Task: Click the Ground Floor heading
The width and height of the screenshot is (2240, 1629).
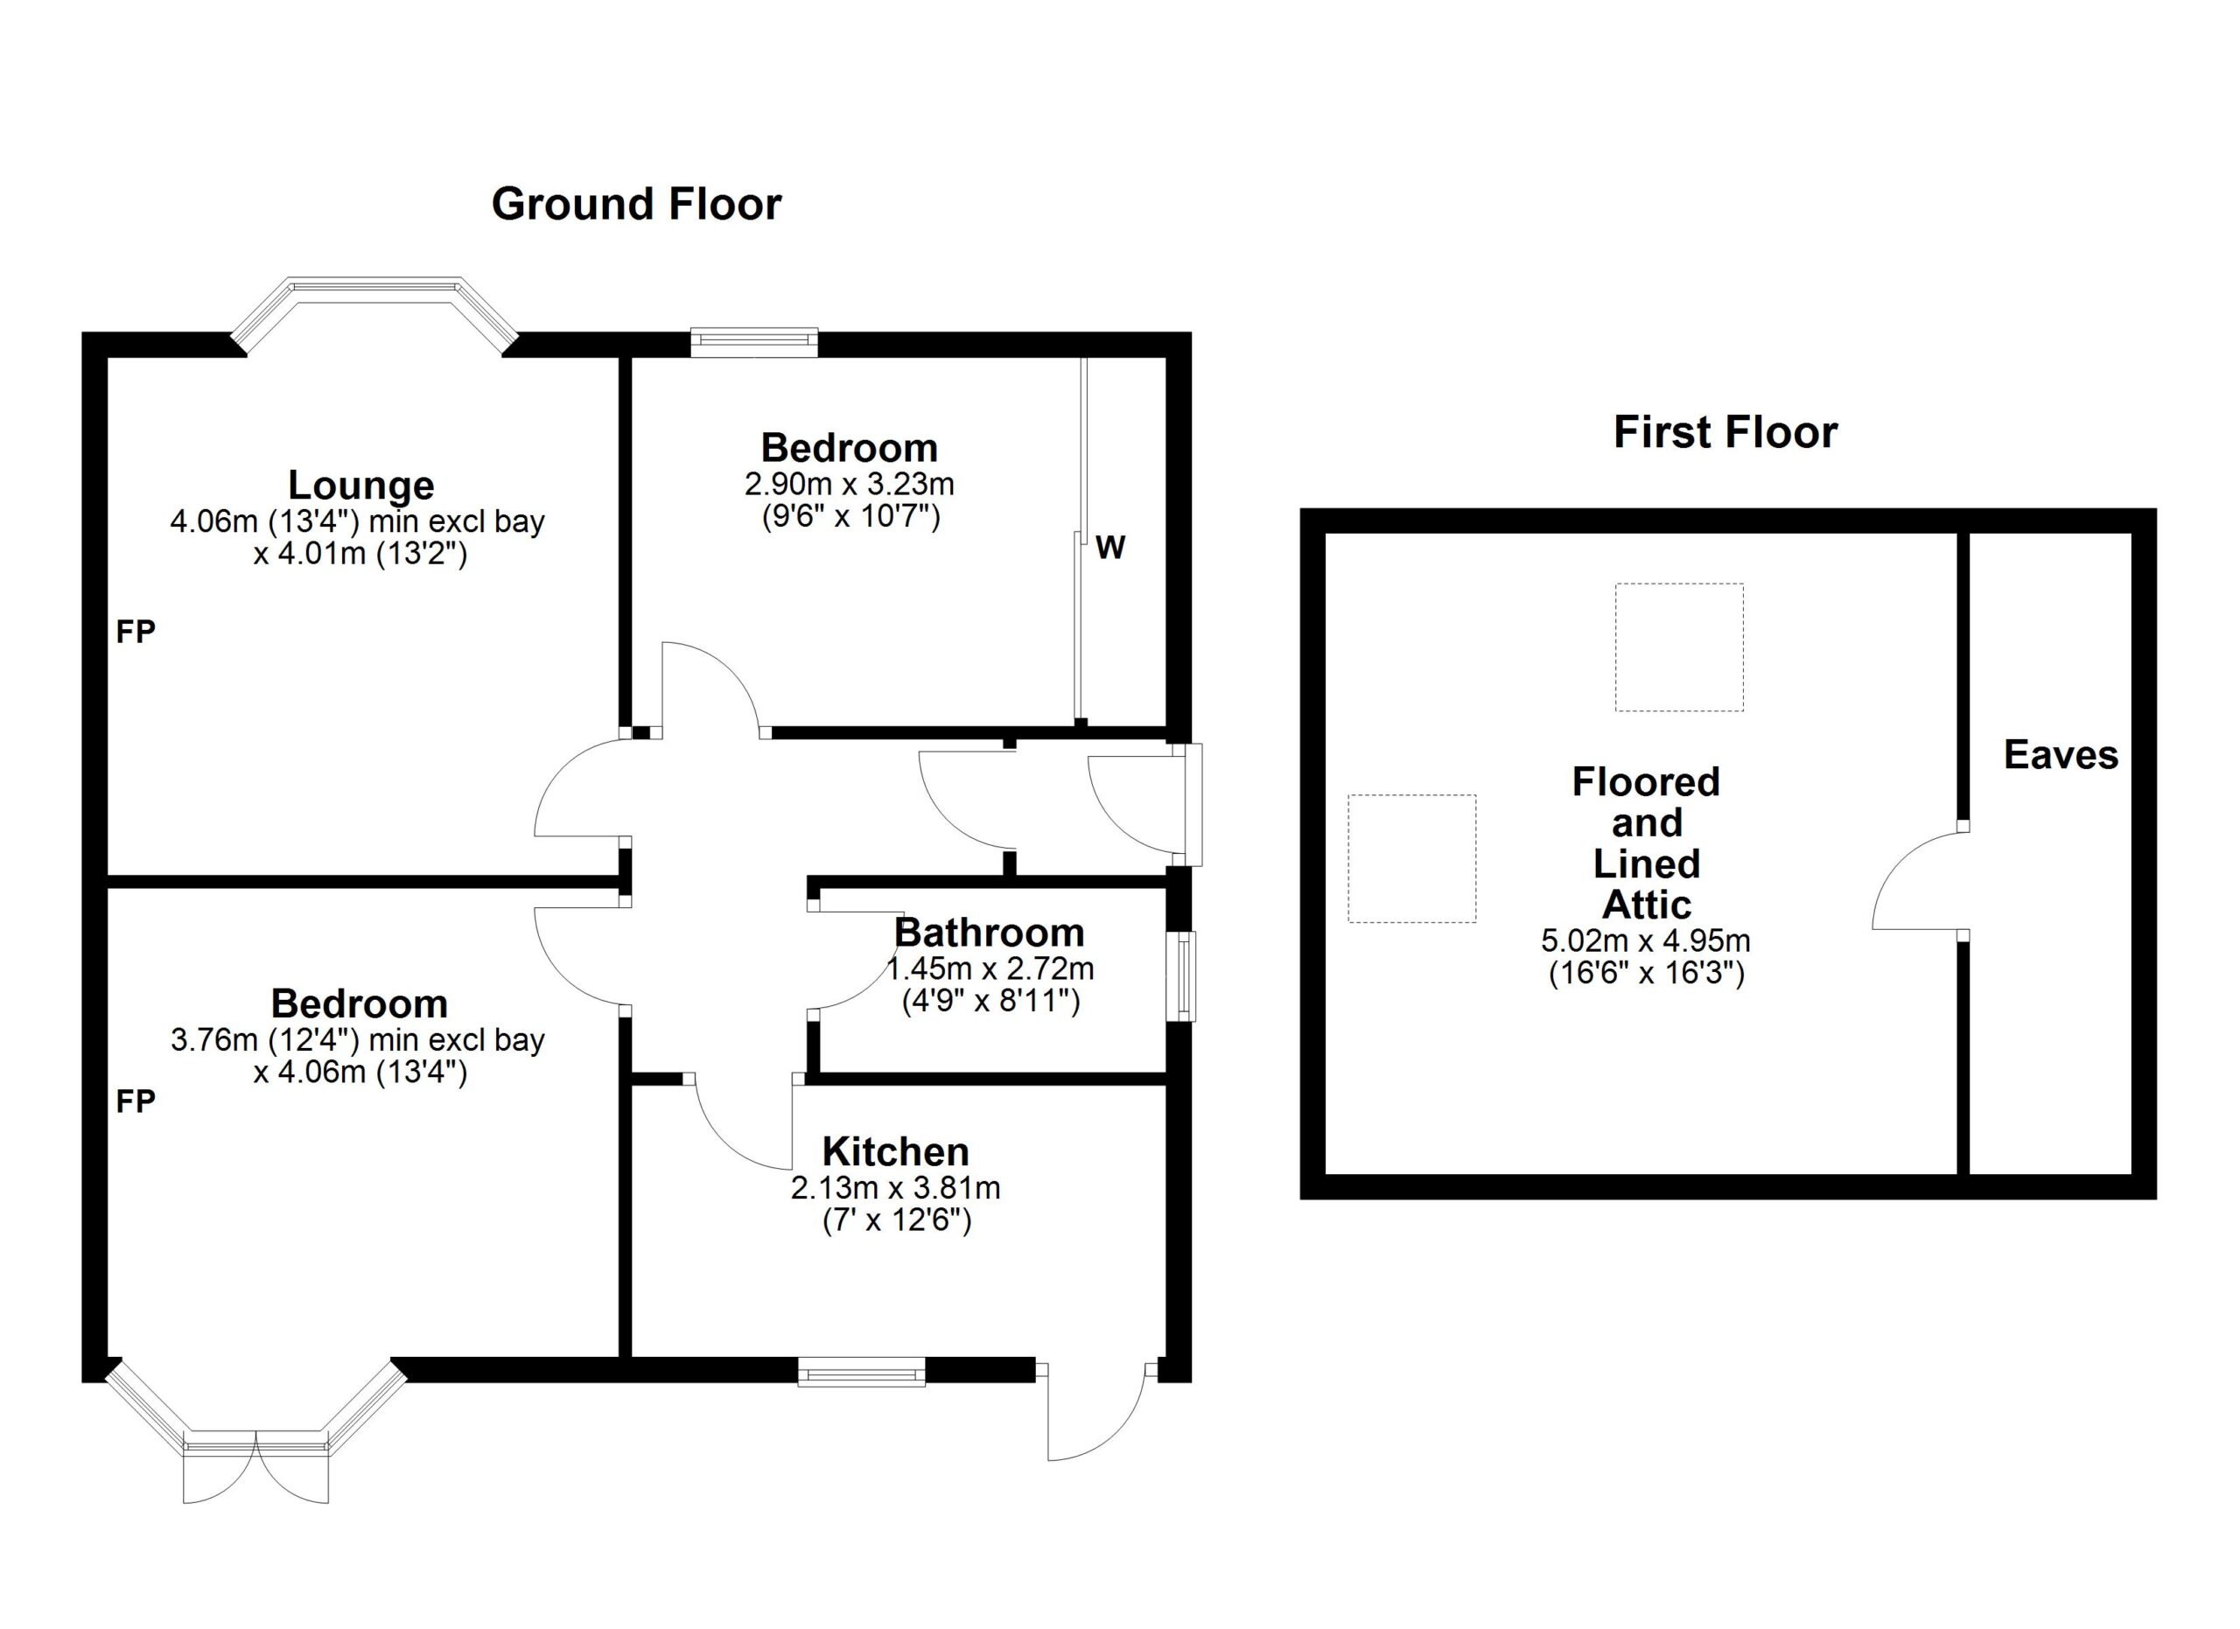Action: (x=636, y=205)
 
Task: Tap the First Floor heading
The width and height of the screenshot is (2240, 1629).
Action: (x=1725, y=432)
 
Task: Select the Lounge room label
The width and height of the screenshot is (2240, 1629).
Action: (x=360, y=485)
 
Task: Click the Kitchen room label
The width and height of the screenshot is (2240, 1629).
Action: (x=896, y=1151)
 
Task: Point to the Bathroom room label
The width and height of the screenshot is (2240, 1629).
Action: (x=989, y=932)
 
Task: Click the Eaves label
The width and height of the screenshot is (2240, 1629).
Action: (x=2061, y=755)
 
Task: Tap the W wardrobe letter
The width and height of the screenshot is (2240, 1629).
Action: (x=1110, y=547)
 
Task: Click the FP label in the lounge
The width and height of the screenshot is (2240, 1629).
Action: (x=136, y=632)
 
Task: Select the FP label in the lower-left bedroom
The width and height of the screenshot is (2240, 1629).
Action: (x=136, y=1101)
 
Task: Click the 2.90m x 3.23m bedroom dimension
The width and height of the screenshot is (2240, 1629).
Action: (x=850, y=484)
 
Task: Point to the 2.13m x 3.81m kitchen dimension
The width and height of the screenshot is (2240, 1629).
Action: (x=896, y=1188)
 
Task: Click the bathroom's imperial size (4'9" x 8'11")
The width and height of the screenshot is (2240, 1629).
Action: (x=990, y=1002)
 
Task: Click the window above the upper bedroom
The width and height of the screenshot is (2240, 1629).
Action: (x=753, y=341)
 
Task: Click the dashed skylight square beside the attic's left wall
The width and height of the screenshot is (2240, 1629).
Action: (x=1412, y=859)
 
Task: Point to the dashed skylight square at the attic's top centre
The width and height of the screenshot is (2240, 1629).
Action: (x=1679, y=647)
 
